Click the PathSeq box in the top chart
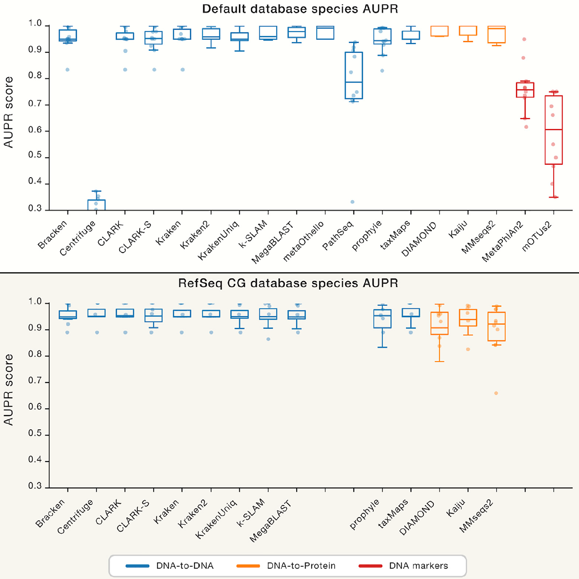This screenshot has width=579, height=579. pyautogui.click(x=354, y=75)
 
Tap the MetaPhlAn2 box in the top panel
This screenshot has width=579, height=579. pyautogui.click(x=525, y=90)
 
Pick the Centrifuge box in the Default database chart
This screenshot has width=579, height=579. pyautogui.click(x=97, y=204)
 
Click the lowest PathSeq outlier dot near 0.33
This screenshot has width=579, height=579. pyautogui.click(x=352, y=202)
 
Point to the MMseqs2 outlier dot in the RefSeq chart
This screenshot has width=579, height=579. pyautogui.click(x=496, y=393)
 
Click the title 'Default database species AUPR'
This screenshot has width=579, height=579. pyautogui.click(x=300, y=9)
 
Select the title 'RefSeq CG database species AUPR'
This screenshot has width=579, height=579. pyautogui.click(x=288, y=283)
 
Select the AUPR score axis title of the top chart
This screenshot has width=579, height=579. pyautogui.click(x=8, y=112)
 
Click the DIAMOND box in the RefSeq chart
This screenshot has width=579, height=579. pyautogui.click(x=439, y=323)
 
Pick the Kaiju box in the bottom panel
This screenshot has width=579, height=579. pyautogui.click(x=468, y=318)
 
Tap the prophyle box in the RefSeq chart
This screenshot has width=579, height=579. pyautogui.click(x=383, y=319)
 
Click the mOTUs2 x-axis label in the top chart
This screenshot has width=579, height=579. pyautogui.click(x=537, y=237)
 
